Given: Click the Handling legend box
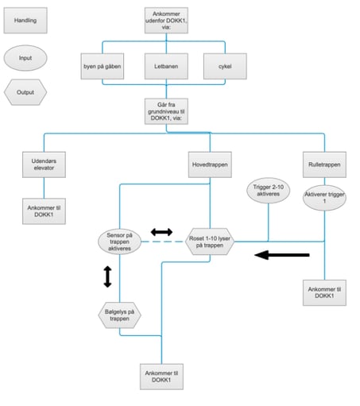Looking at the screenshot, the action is tap(25, 21).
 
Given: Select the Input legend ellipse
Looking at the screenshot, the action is tap(25, 58).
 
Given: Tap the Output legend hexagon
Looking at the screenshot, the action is tap(25, 92).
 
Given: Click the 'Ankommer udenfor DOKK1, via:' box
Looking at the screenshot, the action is tap(166, 21).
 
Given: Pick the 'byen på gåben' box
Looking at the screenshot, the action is tap(103, 66).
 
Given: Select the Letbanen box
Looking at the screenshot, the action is tap(166, 66).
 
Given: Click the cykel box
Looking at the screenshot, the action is tap(225, 66).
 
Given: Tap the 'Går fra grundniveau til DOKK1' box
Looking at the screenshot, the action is tap(166, 111).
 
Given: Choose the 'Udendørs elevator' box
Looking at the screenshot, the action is tap(44, 164).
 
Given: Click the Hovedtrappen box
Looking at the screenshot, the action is tap(210, 164).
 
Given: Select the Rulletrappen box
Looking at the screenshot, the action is tap(324, 164).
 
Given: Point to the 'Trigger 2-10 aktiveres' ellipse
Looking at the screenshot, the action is tap(269, 191).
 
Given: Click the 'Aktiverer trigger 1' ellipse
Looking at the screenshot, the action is tap(324, 198).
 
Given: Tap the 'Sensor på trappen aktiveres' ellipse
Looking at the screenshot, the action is tap(119, 242).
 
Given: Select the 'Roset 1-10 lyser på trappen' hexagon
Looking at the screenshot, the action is tap(210, 242).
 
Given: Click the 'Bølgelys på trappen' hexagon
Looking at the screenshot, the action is tap(119, 315).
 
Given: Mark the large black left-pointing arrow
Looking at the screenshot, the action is tap(282, 255).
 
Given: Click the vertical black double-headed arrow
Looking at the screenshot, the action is tap(107, 276).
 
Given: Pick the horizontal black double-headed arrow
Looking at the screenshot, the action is tap(161, 232).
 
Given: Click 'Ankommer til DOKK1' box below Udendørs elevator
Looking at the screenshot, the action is tap(44, 211).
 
